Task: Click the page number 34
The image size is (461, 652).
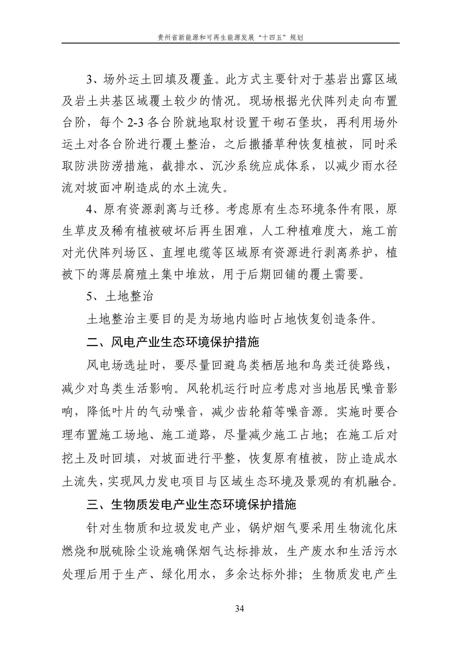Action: (239, 609)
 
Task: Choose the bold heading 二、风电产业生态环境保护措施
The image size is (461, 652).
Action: (173, 342)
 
